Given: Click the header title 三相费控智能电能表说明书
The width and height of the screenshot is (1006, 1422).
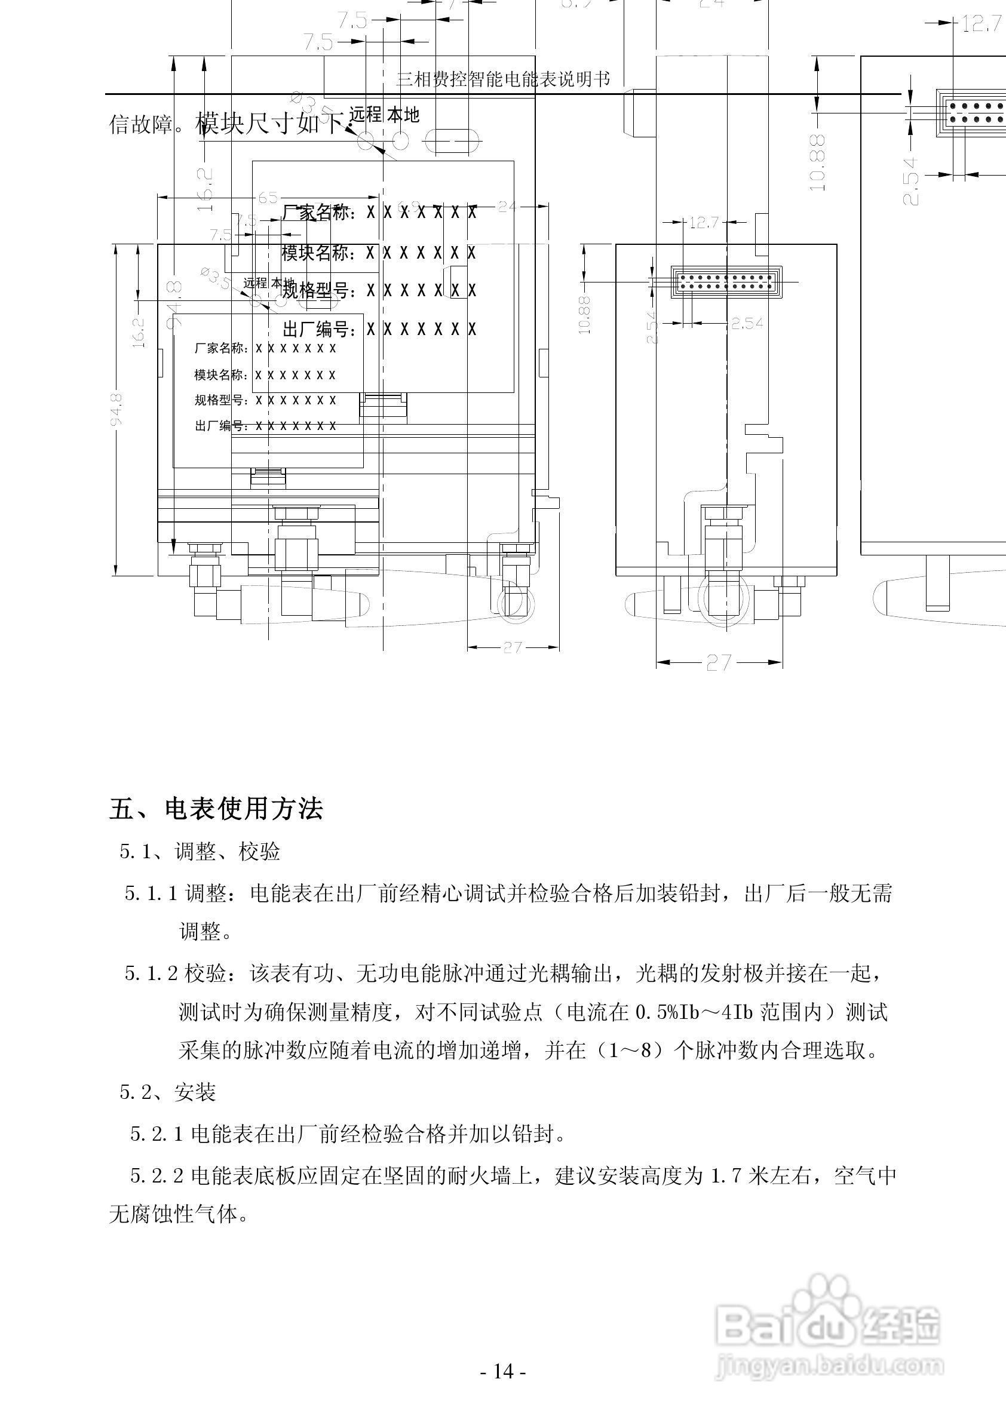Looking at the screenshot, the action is pyautogui.click(x=502, y=79).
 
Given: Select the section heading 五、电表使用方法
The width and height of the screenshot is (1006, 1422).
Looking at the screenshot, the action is pyautogui.click(x=216, y=809).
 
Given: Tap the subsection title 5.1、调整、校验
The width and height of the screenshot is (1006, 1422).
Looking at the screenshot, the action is pyautogui.click(x=200, y=852).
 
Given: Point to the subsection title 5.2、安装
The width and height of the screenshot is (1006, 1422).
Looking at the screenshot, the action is pyautogui.click(x=167, y=1092).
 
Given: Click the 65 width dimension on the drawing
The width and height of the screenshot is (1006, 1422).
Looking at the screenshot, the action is pyautogui.click(x=268, y=198).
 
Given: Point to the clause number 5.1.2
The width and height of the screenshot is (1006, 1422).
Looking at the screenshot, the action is pyautogui.click(x=151, y=973).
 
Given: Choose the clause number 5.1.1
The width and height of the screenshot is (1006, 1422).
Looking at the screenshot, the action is pyautogui.click(x=151, y=893).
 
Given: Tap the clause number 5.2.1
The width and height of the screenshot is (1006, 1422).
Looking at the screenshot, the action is pyautogui.click(x=156, y=1134).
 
